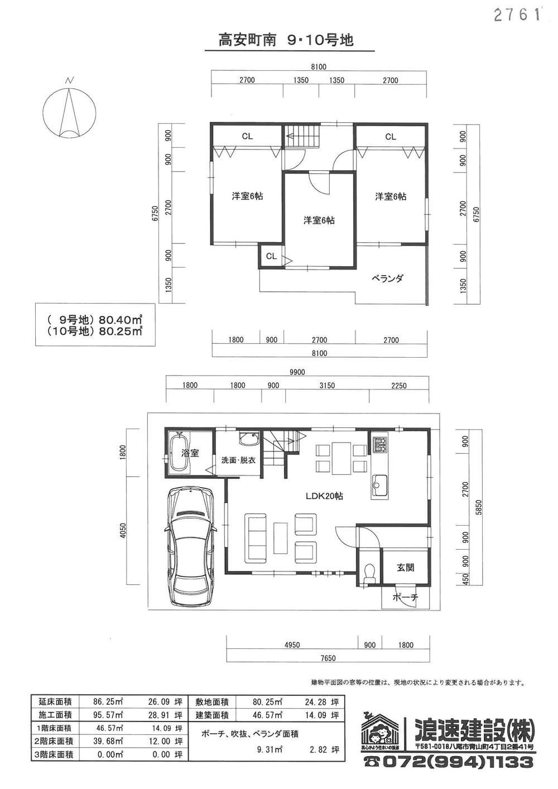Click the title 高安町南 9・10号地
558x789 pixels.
click(286, 40)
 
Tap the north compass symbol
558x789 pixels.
click(69, 112)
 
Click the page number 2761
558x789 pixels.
click(518, 15)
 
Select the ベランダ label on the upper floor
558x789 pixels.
click(388, 278)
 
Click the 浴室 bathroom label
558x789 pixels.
click(190, 453)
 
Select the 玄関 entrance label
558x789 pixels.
click(405, 567)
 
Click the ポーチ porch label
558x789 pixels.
click(405, 598)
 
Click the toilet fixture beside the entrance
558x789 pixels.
click(368, 573)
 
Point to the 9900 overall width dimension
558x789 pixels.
click(297, 373)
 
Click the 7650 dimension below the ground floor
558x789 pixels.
click(328, 658)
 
